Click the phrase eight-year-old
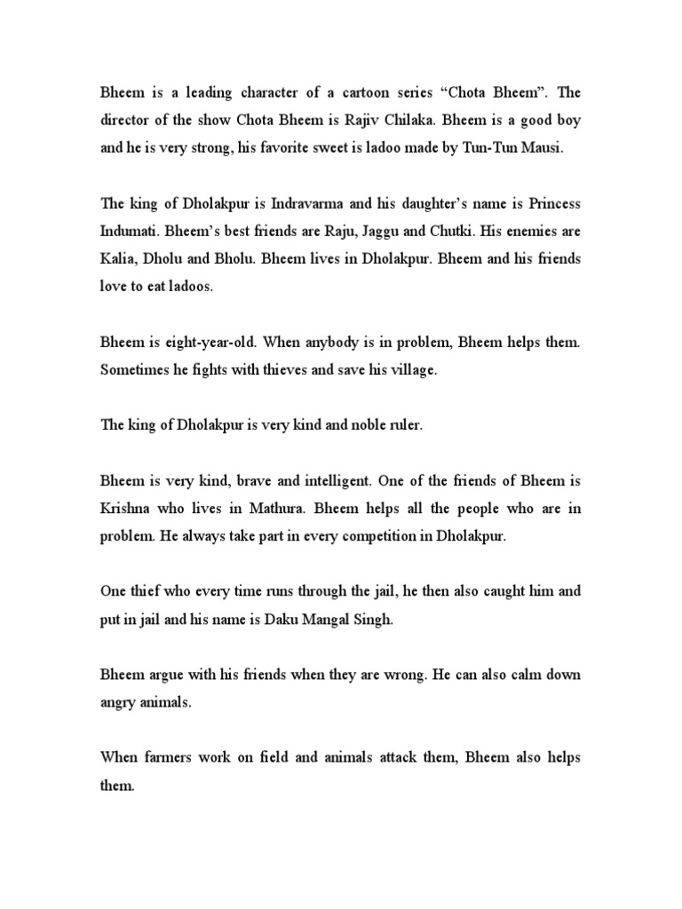point(194,344)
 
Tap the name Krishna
point(128,512)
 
